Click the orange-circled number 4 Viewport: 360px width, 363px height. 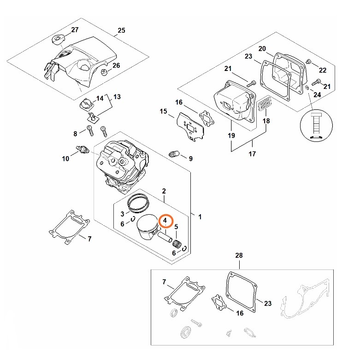point(165,221)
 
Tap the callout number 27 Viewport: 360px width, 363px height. point(75,30)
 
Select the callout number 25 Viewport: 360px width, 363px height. point(121,31)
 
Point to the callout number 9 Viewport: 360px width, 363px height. point(190,158)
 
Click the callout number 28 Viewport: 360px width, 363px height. point(239,255)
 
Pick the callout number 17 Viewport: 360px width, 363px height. point(252,154)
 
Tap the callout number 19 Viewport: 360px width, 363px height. point(231,135)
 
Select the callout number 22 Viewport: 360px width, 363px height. point(322,70)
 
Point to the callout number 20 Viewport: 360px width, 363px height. point(262,49)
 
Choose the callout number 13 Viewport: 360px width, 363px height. point(117,97)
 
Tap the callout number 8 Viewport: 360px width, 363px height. point(76,134)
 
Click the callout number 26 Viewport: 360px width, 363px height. point(116,65)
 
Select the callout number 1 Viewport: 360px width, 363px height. point(199,216)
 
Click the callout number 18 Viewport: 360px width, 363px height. point(266,121)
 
